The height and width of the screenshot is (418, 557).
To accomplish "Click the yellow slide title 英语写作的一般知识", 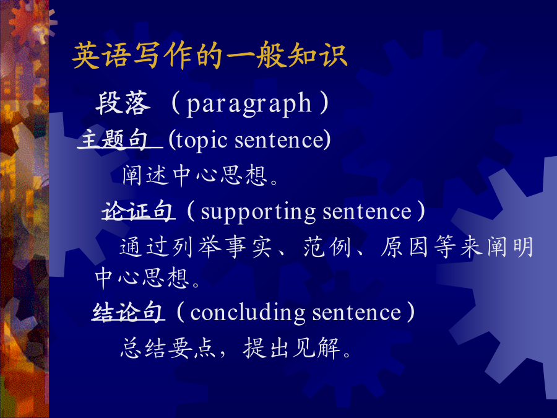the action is [x=210, y=56].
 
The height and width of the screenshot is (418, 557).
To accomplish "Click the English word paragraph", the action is [x=249, y=104].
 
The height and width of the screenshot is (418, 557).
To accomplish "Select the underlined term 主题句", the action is [x=114, y=139].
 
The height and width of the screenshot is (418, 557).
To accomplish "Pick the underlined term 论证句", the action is [x=138, y=211].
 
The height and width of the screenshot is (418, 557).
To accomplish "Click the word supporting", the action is [x=258, y=212].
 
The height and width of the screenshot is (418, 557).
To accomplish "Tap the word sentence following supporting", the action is [x=367, y=212].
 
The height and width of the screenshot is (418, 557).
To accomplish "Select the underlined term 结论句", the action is [x=128, y=313].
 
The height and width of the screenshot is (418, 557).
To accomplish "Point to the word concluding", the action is [x=248, y=313].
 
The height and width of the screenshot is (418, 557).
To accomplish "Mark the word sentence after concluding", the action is [x=356, y=313].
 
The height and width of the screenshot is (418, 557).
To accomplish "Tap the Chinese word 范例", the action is [x=327, y=246].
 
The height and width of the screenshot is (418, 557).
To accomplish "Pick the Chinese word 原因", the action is [x=405, y=246].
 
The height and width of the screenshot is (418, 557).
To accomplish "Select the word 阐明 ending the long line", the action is [x=510, y=246].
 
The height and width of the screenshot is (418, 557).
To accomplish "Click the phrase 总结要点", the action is [x=168, y=347].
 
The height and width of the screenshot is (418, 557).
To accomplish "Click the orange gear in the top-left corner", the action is [x=32, y=21].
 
